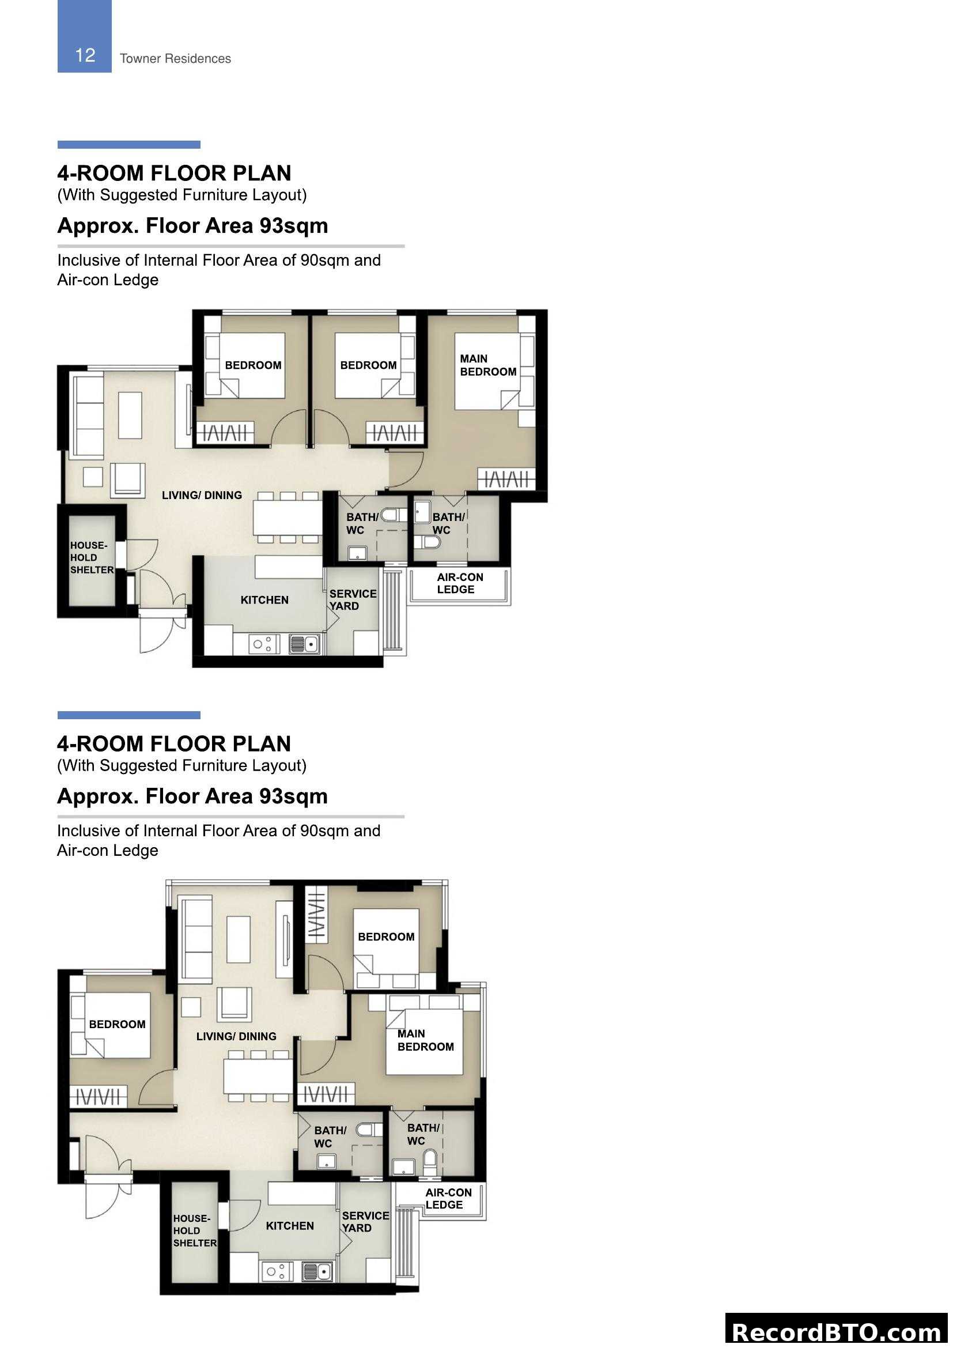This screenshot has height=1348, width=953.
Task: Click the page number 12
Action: [x=85, y=55]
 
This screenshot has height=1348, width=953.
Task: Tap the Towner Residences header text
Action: [x=175, y=59]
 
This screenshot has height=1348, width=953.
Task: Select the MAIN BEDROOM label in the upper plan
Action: [x=487, y=365]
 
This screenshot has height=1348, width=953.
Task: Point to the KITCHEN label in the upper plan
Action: [x=264, y=600]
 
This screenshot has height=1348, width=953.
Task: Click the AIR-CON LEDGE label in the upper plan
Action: [x=459, y=584]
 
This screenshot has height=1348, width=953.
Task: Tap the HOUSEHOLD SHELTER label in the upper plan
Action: [x=92, y=558]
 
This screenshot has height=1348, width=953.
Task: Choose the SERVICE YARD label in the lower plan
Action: [x=365, y=1222]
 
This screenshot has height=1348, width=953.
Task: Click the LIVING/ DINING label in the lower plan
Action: [x=236, y=1037]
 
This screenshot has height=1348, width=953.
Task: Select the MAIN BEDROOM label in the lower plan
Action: [x=425, y=1040]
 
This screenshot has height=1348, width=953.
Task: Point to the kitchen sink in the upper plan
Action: [x=305, y=645]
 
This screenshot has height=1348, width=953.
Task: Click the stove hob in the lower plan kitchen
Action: [x=277, y=1272]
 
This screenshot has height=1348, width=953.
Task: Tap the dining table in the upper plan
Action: [x=288, y=516]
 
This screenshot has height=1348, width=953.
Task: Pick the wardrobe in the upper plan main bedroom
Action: [x=506, y=479]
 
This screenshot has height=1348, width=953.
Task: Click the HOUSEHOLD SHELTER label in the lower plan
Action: [x=194, y=1231]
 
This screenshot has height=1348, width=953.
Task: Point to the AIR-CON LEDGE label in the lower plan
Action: [x=448, y=1198]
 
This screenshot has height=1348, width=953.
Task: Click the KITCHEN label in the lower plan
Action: [x=289, y=1226]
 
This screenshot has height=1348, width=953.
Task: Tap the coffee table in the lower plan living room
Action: [x=239, y=939]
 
